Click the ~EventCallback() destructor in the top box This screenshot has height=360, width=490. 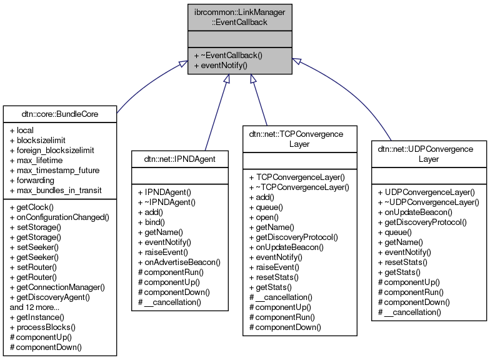pos(228,55)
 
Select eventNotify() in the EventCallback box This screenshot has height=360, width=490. pos(221,65)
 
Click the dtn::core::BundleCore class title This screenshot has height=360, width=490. pos(59,114)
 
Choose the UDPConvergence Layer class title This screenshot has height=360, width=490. pos(428,154)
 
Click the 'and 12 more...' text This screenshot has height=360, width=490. pos(34,307)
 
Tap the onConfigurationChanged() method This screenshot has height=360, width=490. pos(59,217)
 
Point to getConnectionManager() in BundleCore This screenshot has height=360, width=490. pos(57,287)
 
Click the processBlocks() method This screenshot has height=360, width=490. pos(42,327)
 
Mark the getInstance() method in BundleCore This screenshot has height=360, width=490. pos(39,317)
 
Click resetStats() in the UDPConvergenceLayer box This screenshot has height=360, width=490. pos(406,262)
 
